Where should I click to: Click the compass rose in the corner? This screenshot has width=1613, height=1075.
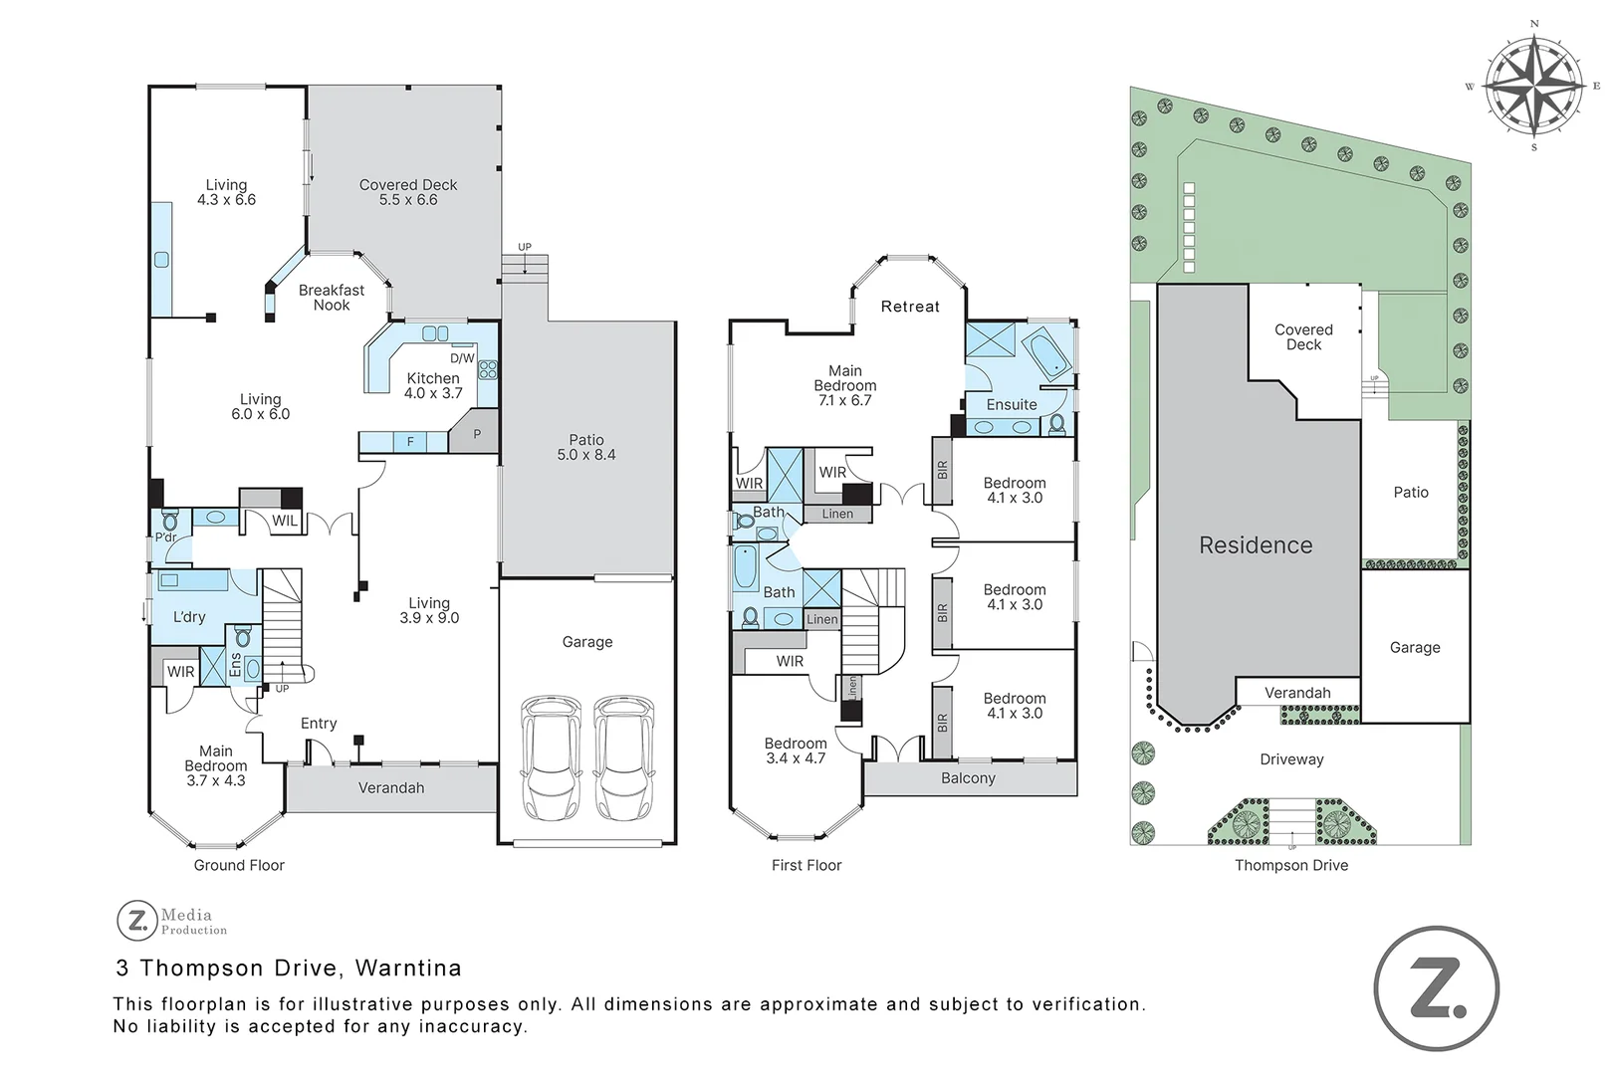coord(1533,87)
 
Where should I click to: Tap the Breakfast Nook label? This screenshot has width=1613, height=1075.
coord(332,298)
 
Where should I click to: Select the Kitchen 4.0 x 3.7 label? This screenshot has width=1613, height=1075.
coord(433,385)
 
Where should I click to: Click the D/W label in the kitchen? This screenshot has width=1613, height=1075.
coord(462,358)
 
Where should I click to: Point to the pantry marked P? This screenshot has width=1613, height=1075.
coord(476,434)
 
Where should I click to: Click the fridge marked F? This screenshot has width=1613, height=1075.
coord(410,441)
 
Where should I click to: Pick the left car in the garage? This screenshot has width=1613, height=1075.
coord(551,757)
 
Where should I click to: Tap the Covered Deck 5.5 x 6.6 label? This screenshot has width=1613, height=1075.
coord(408,192)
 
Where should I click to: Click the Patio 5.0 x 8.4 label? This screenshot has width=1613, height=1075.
coord(586,447)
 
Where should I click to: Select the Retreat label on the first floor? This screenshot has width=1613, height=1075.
coord(910,307)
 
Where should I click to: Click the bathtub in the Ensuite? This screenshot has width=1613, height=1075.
coord(1049,353)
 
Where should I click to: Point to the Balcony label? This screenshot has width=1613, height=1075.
coord(968,778)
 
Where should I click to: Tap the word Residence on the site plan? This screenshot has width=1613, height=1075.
coord(1256,545)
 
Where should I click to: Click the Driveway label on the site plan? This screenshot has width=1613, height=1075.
coord(1291,759)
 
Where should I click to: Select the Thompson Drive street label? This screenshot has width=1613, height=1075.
coord(1291,865)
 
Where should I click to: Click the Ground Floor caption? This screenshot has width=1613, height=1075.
coord(239,865)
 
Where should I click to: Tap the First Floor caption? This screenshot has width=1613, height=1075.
coord(806,865)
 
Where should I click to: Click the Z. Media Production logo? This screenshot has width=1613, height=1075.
coord(172,920)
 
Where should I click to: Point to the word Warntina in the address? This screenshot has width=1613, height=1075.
coord(408,968)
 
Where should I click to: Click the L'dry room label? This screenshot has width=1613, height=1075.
coord(189,617)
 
